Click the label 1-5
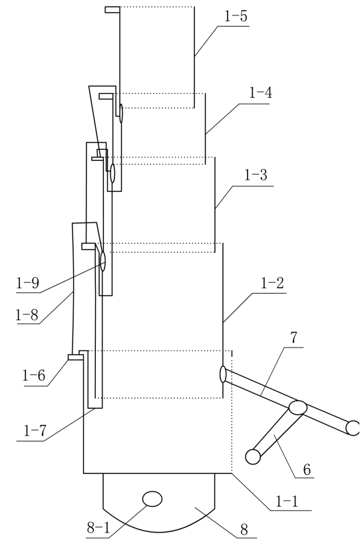[236, 17]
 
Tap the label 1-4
[260, 93]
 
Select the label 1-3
[256, 175]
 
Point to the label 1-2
[272, 284]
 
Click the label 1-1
[287, 501]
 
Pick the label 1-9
[27, 283]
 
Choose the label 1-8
[27, 315]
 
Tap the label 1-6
[34, 376]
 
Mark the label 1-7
[35, 431]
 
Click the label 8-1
[98, 529]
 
